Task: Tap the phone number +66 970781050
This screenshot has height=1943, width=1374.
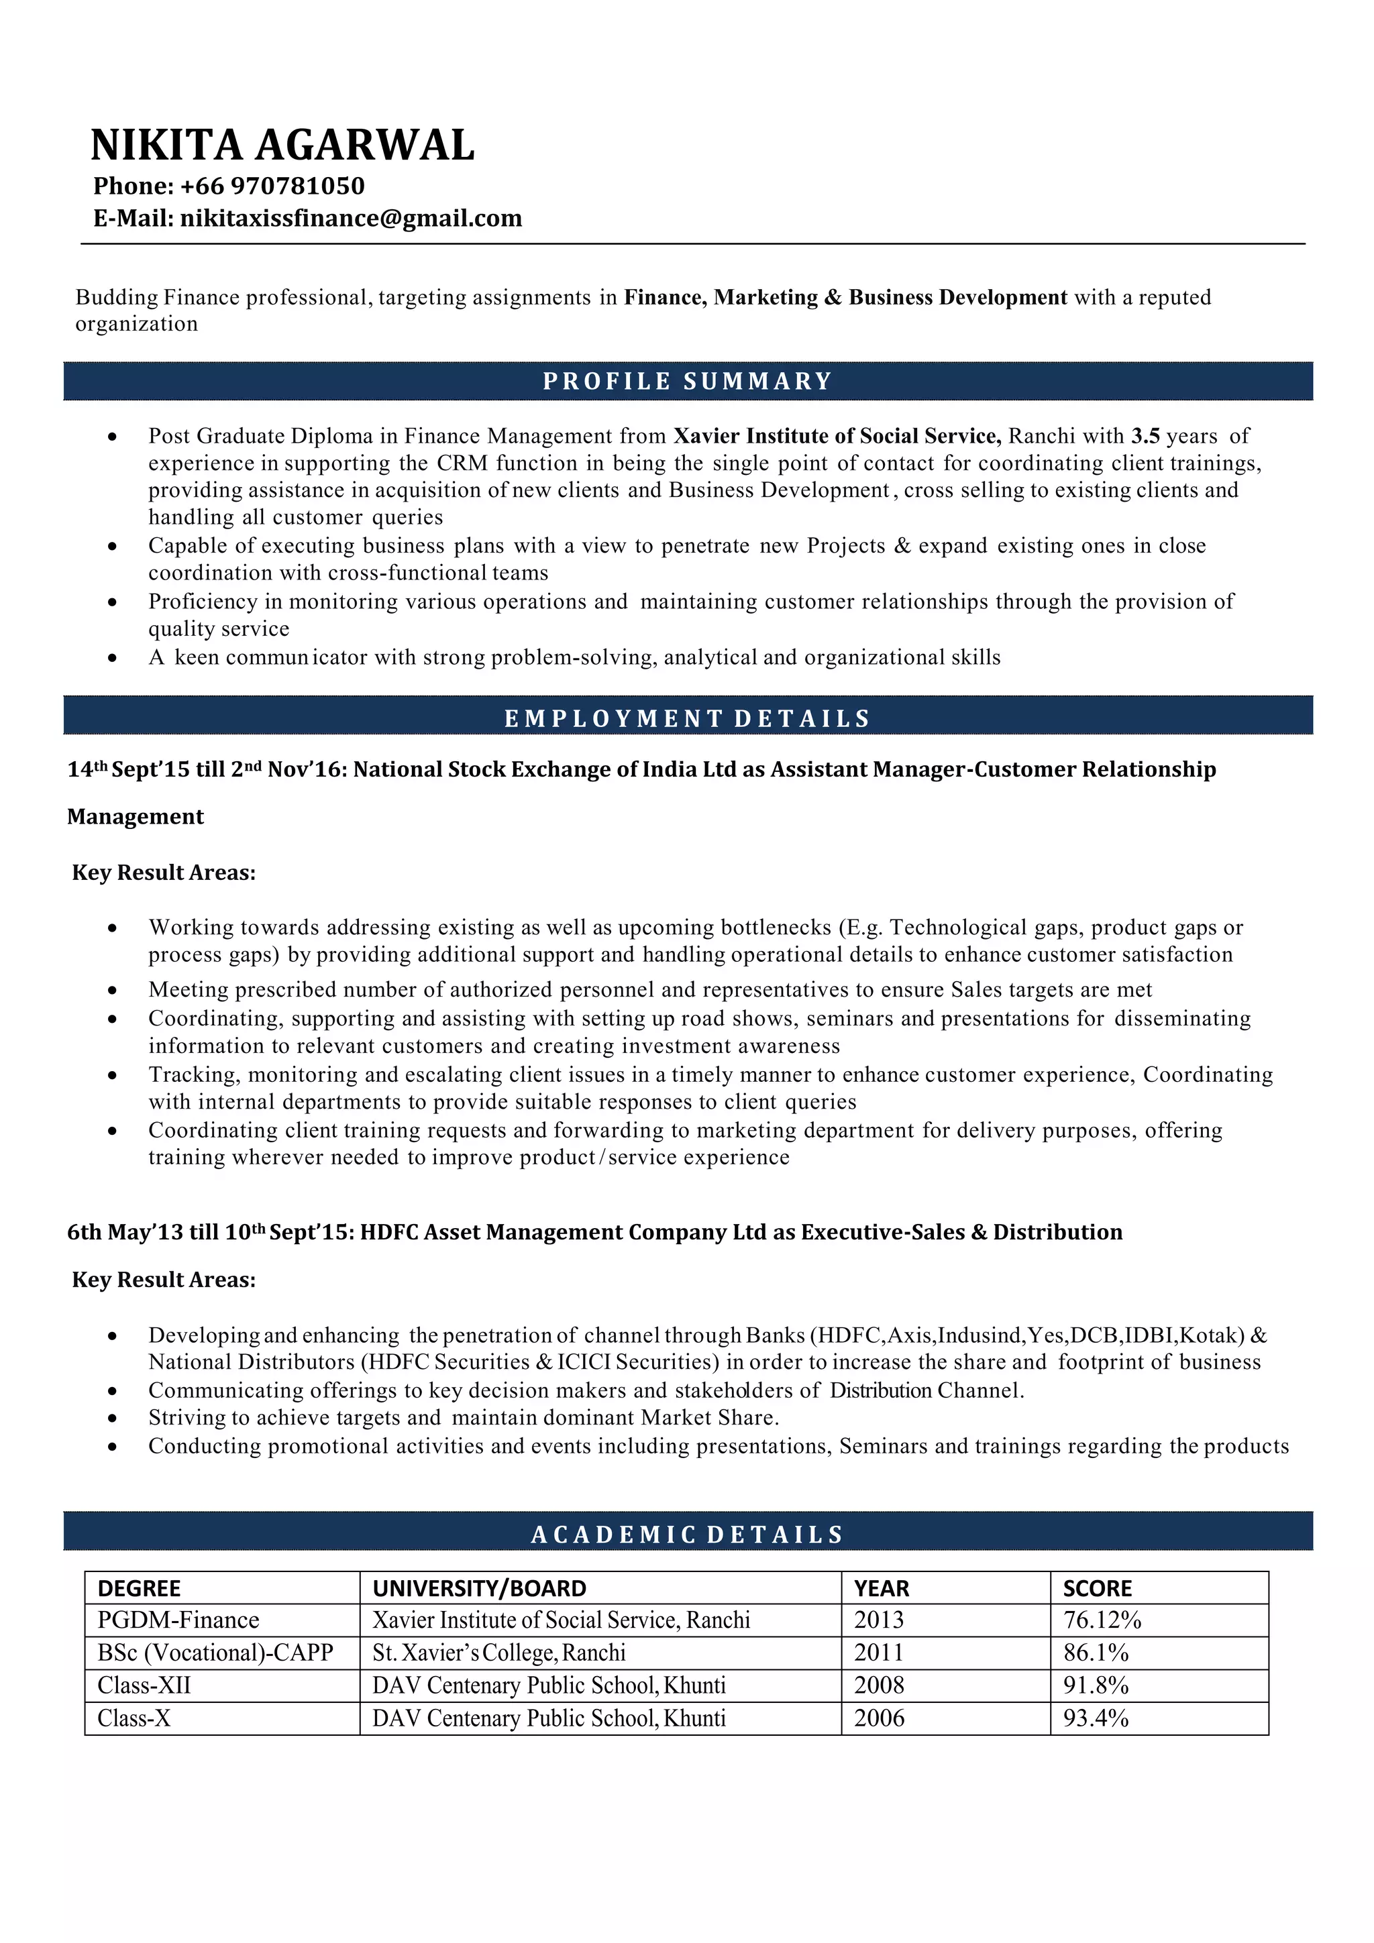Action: [272, 186]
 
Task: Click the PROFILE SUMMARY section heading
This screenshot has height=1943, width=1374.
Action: [688, 381]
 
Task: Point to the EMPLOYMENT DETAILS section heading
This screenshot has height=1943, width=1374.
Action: [688, 718]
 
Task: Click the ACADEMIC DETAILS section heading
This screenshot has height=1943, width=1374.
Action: [688, 1535]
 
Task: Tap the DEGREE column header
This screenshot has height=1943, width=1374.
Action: [140, 1588]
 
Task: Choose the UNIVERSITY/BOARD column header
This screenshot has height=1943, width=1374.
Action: [479, 1588]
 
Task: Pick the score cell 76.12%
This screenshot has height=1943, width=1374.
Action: [1102, 1620]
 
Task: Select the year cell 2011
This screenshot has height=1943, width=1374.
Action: [879, 1653]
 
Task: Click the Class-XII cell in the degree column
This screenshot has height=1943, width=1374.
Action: [144, 1685]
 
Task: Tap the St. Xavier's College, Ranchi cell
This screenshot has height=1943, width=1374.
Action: [498, 1653]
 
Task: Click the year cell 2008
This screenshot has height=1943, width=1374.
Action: [879, 1685]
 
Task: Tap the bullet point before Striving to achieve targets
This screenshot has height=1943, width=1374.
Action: [113, 1419]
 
